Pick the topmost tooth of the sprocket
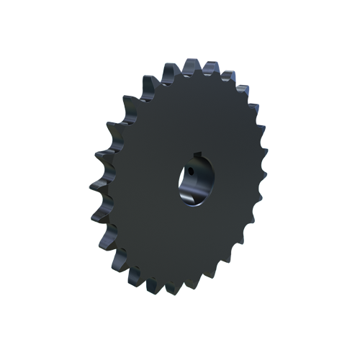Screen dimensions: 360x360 (x=171, y=69)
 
